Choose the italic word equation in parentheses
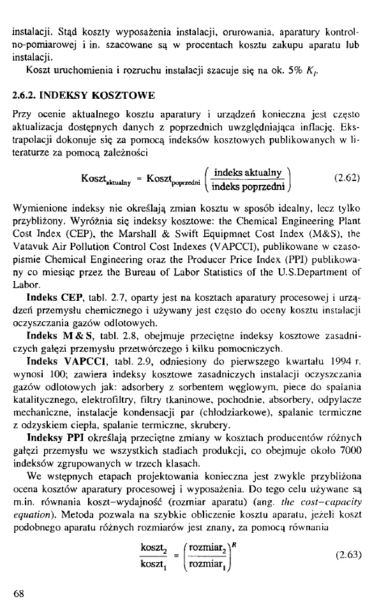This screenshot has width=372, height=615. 37,507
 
